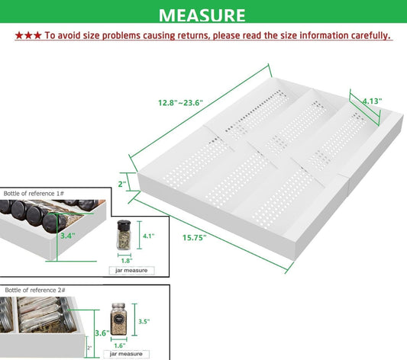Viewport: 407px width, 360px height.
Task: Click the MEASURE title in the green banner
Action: (202, 15)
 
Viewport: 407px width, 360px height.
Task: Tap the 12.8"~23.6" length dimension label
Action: (181, 103)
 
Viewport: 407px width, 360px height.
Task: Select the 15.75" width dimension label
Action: (195, 237)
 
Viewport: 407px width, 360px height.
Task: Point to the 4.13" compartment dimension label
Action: (372, 101)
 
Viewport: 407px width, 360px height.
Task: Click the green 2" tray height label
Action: (122, 184)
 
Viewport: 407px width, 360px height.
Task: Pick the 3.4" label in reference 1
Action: (68, 236)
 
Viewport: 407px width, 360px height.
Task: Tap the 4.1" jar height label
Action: (148, 236)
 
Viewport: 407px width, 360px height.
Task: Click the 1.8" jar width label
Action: (127, 261)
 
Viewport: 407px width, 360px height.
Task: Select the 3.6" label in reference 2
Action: (102, 333)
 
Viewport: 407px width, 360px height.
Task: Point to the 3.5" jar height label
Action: (144, 321)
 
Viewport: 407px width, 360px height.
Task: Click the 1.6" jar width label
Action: (120, 346)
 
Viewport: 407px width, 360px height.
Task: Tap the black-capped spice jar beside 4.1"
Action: (124, 235)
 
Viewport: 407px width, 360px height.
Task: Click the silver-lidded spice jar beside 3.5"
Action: (118, 319)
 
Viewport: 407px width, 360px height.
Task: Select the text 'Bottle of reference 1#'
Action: (34, 194)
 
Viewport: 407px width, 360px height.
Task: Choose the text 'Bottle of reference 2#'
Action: (35, 290)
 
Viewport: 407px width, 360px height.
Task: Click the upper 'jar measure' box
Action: (131, 270)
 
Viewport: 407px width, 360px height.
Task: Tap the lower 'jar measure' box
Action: (126, 354)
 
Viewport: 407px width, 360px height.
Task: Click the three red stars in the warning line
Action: (28, 36)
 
